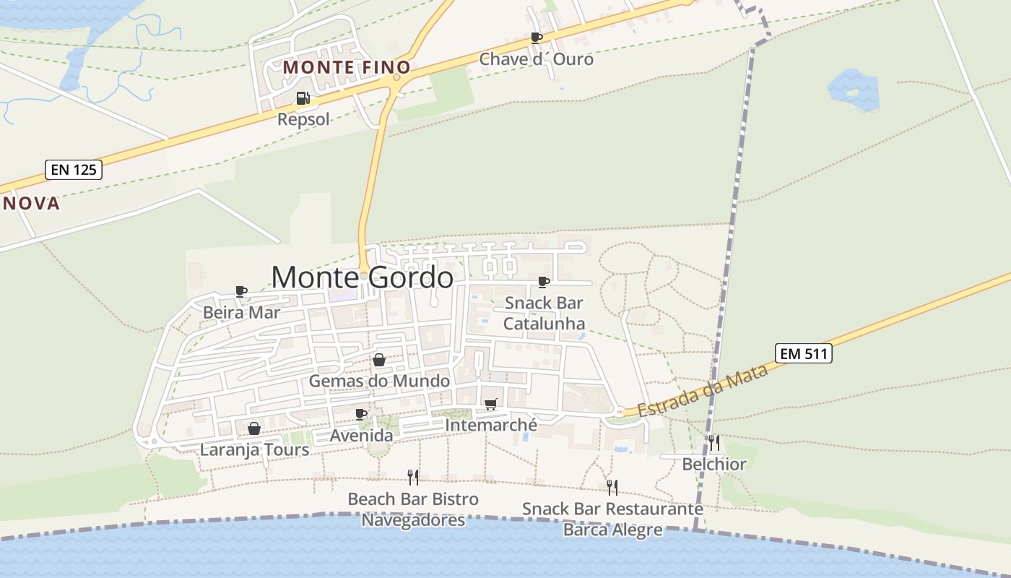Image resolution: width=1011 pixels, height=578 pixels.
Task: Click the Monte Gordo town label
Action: coord(363,277)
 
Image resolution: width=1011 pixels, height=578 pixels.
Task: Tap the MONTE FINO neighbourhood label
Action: coord(347,67)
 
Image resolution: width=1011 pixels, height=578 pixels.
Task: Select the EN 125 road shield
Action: coord(74,171)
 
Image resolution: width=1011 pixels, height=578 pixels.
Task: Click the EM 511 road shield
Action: coord(804,353)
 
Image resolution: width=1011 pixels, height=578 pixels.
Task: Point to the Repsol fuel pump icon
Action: coord(303,98)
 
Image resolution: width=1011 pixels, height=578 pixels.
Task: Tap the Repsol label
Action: coord(303,119)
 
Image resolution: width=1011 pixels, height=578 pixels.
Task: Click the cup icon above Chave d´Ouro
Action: coord(536,38)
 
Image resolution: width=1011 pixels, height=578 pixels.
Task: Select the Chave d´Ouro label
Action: coord(537,59)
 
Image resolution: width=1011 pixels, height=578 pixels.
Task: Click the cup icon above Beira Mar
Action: coord(241,291)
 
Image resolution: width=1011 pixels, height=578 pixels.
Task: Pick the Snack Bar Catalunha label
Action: coord(544,313)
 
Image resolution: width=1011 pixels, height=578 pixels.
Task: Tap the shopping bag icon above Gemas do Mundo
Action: coord(379,360)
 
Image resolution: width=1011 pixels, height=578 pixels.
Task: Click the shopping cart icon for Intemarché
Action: coord(491,404)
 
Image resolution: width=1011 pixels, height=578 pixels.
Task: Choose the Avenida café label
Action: coord(361,436)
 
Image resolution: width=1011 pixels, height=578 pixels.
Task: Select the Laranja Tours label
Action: coord(254,449)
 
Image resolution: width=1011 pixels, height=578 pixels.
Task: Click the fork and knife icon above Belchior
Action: coord(713,443)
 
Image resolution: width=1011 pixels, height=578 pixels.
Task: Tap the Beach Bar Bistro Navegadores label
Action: coord(413,509)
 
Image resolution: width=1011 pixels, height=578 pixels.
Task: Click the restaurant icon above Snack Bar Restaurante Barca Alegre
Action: coord(612,488)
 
